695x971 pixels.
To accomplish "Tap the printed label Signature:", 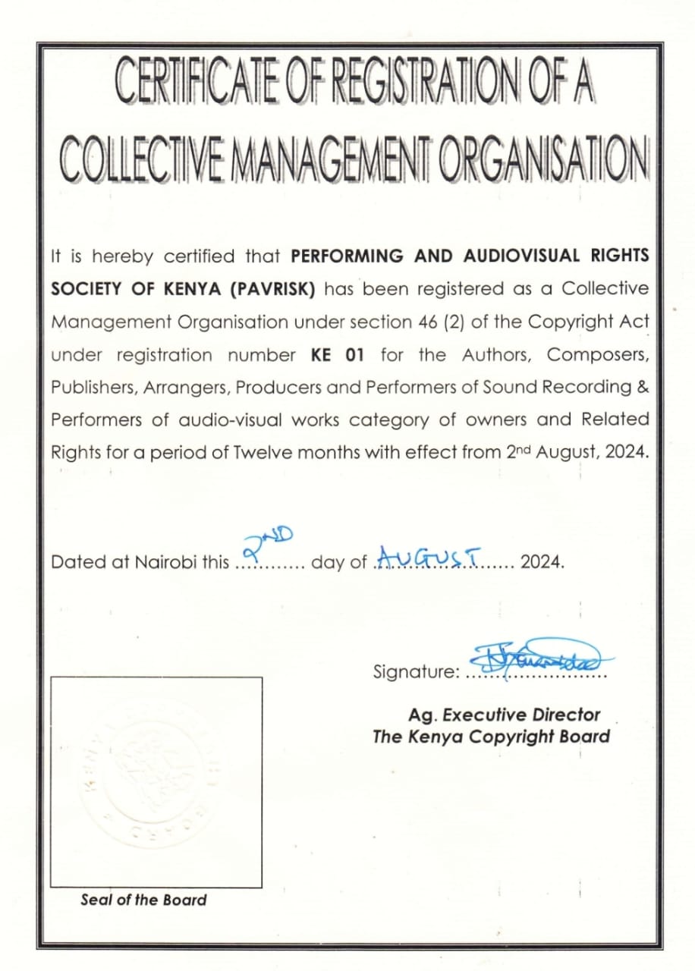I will click(x=416, y=671).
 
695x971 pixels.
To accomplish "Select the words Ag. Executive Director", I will click(x=504, y=715).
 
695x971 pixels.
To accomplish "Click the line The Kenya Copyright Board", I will click(x=491, y=737).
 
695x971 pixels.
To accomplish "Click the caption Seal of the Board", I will click(x=143, y=900).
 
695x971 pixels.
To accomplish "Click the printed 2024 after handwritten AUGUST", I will click(x=542, y=563).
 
